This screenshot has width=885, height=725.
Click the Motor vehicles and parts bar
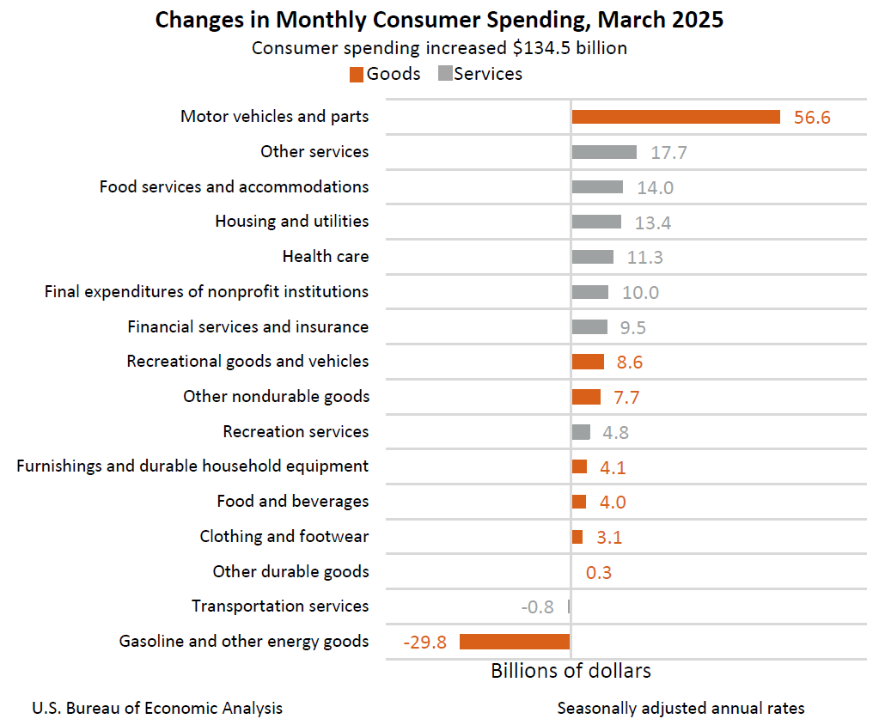(x=675, y=117)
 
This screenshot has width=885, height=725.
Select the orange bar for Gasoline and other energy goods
(x=515, y=641)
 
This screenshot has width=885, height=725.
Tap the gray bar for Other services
(x=604, y=152)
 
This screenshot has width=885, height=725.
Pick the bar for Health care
(x=593, y=257)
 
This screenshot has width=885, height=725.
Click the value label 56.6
(x=812, y=118)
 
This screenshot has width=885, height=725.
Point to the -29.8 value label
(x=424, y=642)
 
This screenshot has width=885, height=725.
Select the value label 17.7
(x=668, y=153)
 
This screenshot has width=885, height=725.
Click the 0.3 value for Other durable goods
(x=599, y=572)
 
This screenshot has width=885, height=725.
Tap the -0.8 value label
(x=537, y=606)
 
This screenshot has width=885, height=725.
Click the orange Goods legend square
(x=357, y=75)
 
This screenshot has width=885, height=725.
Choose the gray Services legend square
(x=445, y=74)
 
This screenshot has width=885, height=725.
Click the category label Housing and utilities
(x=291, y=222)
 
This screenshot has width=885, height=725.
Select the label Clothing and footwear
(x=284, y=537)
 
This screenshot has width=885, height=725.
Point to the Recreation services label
(x=296, y=432)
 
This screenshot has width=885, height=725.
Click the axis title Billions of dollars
(x=571, y=671)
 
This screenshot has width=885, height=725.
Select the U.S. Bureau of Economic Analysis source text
(x=157, y=709)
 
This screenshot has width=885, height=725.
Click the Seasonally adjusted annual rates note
(x=681, y=709)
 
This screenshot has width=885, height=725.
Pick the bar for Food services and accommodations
(x=597, y=187)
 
